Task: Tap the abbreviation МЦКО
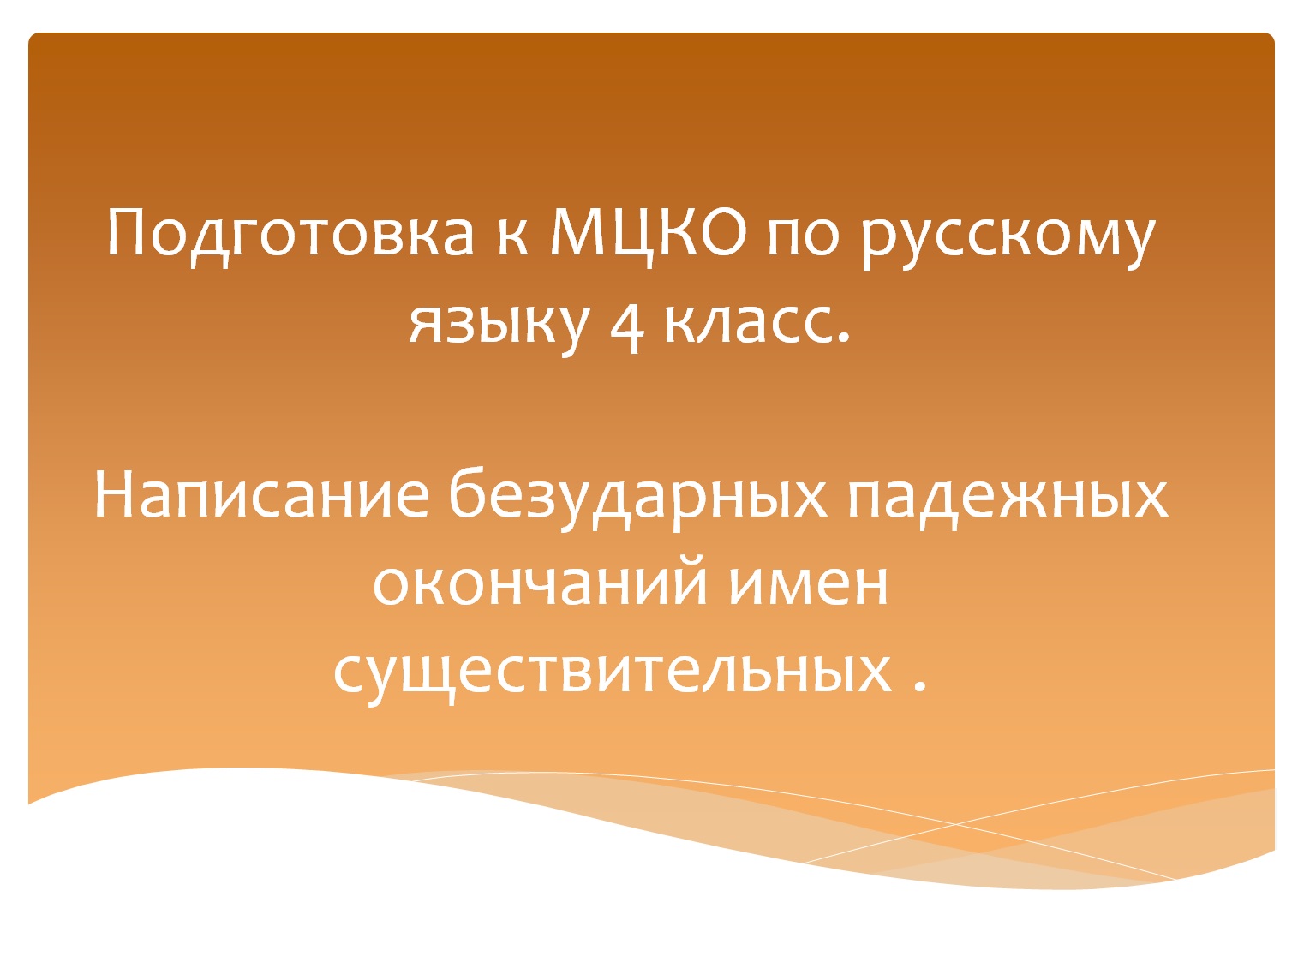pyautogui.click(x=647, y=232)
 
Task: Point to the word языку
pyautogui.click(x=499, y=324)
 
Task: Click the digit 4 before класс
pyautogui.click(x=626, y=326)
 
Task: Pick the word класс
pyautogui.click(x=747, y=324)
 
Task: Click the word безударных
pyautogui.click(x=638, y=497)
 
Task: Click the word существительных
pyautogui.click(x=612, y=672)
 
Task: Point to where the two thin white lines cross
pyautogui.click(x=956, y=824)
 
